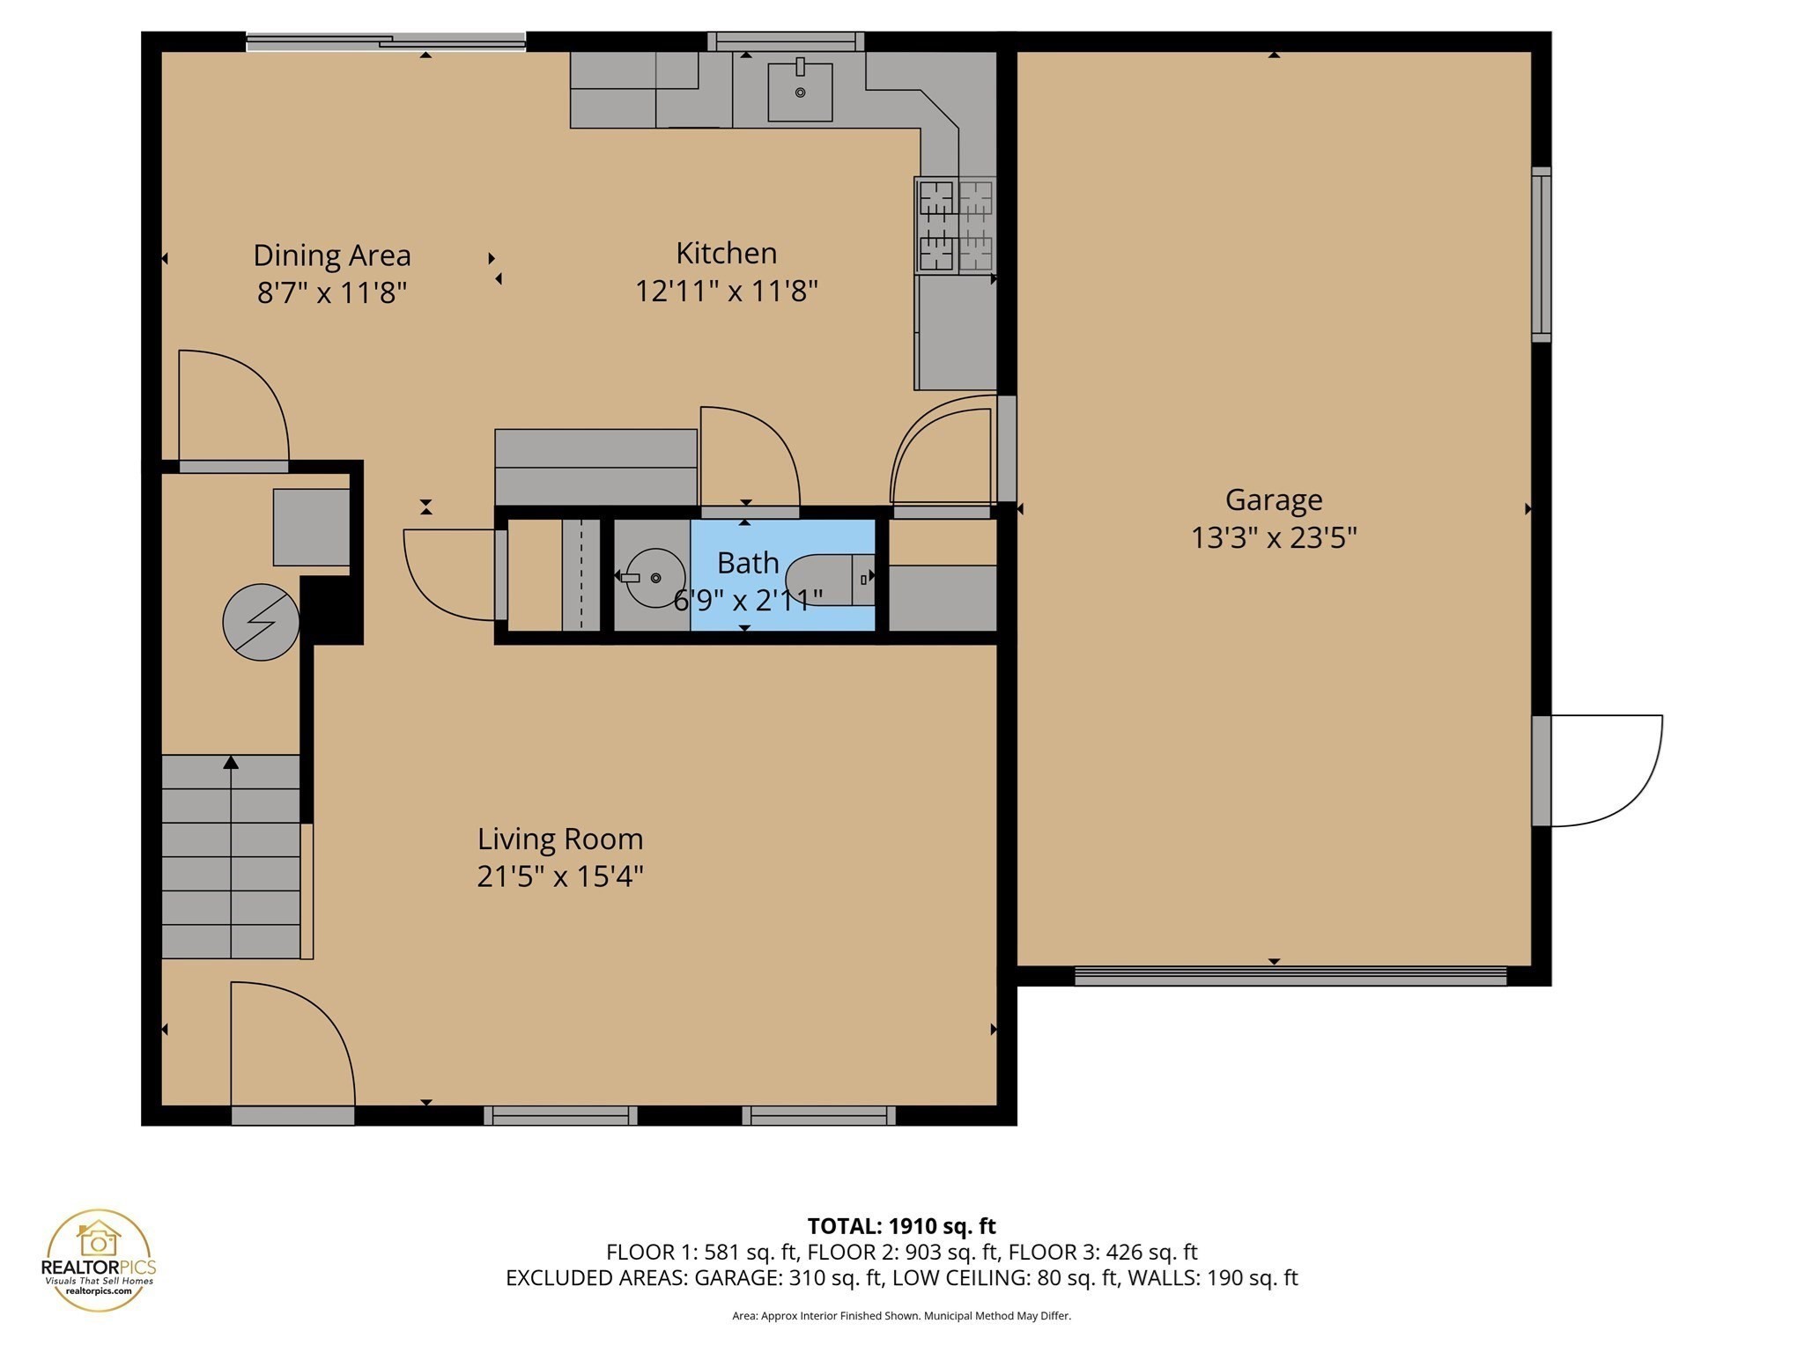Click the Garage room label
point(1273,500)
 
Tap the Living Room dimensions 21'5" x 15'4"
point(560,876)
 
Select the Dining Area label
point(332,255)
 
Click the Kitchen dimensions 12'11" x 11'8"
point(727,291)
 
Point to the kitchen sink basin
point(800,92)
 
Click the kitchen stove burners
point(956,225)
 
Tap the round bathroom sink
point(654,578)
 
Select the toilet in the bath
point(828,579)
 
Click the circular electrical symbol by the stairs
point(261,622)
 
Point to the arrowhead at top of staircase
point(231,762)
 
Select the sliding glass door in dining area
point(386,41)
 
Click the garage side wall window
point(1541,255)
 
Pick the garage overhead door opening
point(1290,976)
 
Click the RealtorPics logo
point(99,1261)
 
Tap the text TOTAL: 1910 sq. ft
point(901,1226)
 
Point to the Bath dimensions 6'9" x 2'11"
point(748,601)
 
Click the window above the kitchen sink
point(786,41)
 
